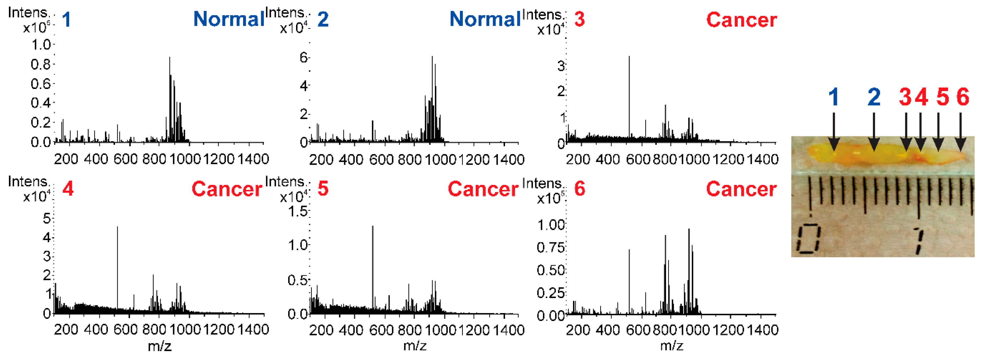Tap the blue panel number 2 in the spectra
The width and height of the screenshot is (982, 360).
pyautogui.click(x=323, y=19)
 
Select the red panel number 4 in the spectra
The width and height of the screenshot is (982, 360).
pyautogui.click(x=68, y=188)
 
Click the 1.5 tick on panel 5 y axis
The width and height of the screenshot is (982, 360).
pyautogui.click(x=298, y=211)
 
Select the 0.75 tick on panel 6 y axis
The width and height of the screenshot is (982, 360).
pyautogui.click(x=550, y=247)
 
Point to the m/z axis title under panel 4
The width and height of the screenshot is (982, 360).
pyautogui.click(x=159, y=346)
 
